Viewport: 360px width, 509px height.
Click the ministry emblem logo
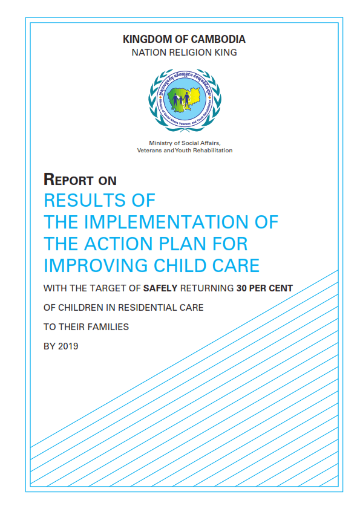coord(184,99)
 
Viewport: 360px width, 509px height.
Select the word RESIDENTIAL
coord(145,308)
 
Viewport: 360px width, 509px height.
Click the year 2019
coord(67,346)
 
